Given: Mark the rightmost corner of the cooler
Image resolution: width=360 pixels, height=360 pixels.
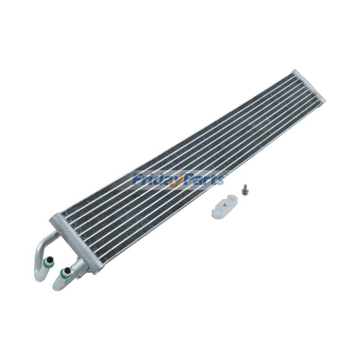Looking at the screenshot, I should [x=324, y=98].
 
